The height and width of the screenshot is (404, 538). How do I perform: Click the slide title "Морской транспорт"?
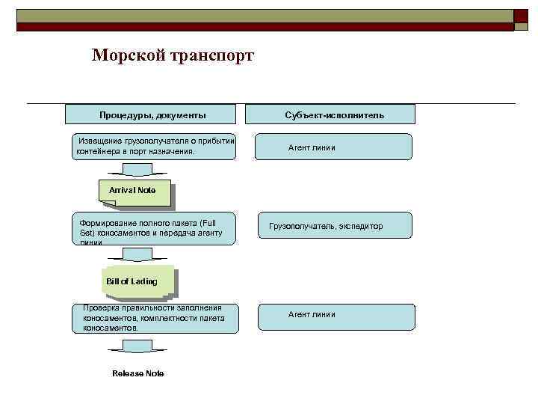coord(173,56)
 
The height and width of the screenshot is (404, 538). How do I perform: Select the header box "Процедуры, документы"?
coord(152,114)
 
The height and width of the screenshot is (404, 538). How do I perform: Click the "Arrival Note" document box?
coord(133,191)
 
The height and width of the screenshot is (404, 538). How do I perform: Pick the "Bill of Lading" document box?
coord(137,281)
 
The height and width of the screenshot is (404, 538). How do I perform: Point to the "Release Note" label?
coord(137,373)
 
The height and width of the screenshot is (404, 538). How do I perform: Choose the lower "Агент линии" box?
coord(336,315)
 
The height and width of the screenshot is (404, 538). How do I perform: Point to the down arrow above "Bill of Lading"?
coord(137,256)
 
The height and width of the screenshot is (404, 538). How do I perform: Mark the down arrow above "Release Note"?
coord(135,346)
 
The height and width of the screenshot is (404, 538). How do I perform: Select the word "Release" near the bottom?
coord(126,373)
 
